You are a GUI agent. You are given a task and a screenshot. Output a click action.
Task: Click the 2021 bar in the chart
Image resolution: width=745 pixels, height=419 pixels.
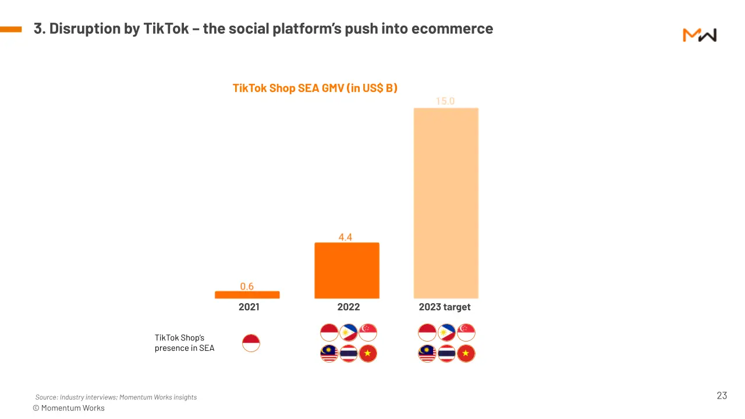coord(247,295)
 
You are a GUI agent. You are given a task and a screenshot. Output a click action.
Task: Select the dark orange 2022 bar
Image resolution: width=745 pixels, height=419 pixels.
coord(347,271)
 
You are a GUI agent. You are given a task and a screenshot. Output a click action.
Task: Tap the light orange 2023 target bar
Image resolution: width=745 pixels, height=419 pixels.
coord(446,203)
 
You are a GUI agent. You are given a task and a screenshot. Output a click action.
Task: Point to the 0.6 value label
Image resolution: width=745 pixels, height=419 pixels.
coord(247,286)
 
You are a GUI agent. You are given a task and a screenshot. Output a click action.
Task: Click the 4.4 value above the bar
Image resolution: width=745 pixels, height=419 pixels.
coord(346,237)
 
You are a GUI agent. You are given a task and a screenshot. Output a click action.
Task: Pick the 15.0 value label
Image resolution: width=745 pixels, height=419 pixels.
coord(445,101)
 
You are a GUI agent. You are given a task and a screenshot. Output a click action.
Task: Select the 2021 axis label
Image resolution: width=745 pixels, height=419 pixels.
coord(249,307)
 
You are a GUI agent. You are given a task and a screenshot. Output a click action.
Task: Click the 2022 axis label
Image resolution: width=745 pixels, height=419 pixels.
coord(348,307)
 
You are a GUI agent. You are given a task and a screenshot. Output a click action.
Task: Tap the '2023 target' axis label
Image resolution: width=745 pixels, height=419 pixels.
coord(445,307)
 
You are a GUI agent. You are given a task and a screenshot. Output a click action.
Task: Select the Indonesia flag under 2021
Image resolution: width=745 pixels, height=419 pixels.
coord(251,343)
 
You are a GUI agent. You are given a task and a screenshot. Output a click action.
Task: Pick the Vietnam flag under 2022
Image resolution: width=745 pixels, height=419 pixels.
coord(368,354)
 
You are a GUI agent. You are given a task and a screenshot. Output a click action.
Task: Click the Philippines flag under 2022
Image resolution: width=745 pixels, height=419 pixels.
coord(349,333)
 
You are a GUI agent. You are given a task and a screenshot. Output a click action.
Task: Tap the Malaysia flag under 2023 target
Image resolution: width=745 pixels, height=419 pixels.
coord(427,354)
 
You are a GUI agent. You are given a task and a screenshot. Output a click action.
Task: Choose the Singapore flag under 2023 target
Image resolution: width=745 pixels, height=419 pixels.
coord(466,333)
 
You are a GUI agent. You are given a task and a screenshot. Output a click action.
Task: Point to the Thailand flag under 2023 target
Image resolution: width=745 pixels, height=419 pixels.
coord(446,354)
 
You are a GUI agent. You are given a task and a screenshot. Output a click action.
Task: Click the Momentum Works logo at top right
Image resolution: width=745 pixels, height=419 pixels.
coord(699,35)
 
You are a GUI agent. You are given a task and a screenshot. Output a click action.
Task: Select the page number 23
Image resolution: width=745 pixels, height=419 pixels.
coord(722,396)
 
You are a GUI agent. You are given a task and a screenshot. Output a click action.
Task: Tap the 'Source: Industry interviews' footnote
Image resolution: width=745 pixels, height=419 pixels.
coord(116,397)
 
